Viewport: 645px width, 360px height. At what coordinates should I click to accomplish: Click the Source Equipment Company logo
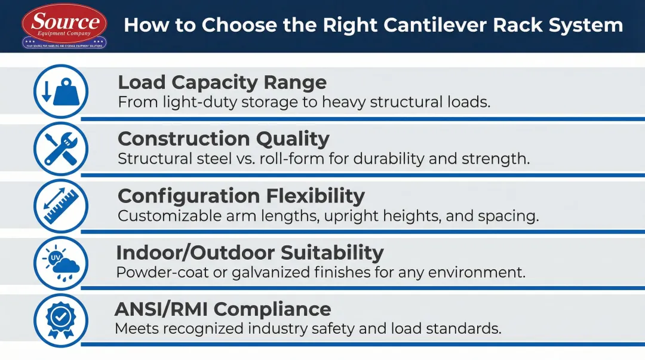(x=64, y=26)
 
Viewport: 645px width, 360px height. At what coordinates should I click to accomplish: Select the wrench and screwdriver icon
(x=61, y=149)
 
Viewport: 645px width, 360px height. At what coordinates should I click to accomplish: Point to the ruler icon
(x=61, y=206)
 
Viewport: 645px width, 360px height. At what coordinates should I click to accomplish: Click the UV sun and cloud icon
(x=61, y=263)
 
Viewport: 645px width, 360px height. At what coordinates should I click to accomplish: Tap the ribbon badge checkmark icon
(x=61, y=320)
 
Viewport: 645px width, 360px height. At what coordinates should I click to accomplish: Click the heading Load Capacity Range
(x=222, y=83)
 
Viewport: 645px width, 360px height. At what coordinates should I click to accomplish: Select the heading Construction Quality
(x=223, y=139)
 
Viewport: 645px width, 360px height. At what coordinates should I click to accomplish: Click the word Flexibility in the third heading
(x=315, y=196)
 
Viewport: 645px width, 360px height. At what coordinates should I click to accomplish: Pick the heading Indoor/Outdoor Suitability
(x=250, y=253)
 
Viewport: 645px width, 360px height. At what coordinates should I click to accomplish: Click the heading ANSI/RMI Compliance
(x=223, y=309)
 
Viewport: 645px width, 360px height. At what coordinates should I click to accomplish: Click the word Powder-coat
(x=162, y=272)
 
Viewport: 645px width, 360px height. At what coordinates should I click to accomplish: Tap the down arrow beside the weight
(x=47, y=91)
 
